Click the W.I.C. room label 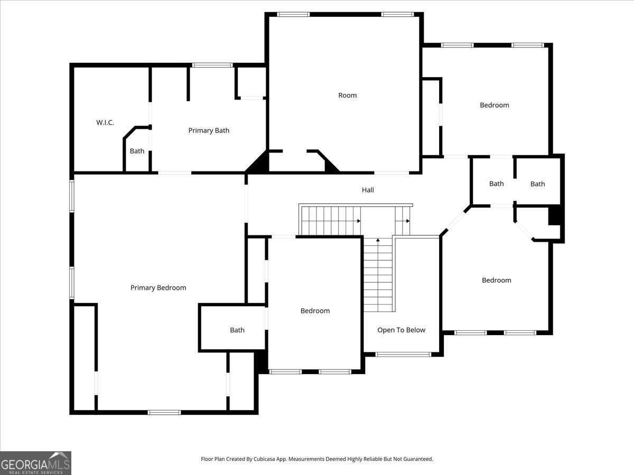(x=105, y=122)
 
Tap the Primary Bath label (x=209, y=130)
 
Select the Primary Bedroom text (x=158, y=288)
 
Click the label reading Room (x=347, y=96)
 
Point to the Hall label (x=368, y=190)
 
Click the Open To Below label (x=401, y=330)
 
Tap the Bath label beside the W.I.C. (x=137, y=151)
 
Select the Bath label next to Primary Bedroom (x=237, y=330)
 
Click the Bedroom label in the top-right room (x=495, y=105)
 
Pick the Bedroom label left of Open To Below (x=315, y=311)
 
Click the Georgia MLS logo (x=35, y=463)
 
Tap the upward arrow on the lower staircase (x=378, y=241)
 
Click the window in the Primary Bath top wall (x=212, y=65)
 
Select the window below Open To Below (x=403, y=354)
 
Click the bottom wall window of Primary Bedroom (x=164, y=412)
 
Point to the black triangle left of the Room (x=259, y=163)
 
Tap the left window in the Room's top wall (x=293, y=14)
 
